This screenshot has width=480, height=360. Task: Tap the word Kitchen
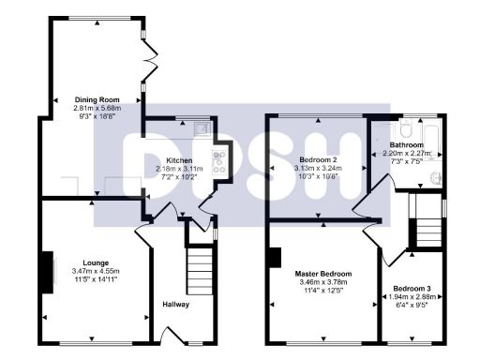(x=179, y=160)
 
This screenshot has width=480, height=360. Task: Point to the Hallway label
(x=177, y=305)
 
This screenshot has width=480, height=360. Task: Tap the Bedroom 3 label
(x=412, y=287)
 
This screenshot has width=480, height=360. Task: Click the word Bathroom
(x=408, y=145)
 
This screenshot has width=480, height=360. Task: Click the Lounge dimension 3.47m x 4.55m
(x=96, y=271)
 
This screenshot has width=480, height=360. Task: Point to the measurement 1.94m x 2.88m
(x=412, y=295)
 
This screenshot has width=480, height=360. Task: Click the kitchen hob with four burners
(x=220, y=163)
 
